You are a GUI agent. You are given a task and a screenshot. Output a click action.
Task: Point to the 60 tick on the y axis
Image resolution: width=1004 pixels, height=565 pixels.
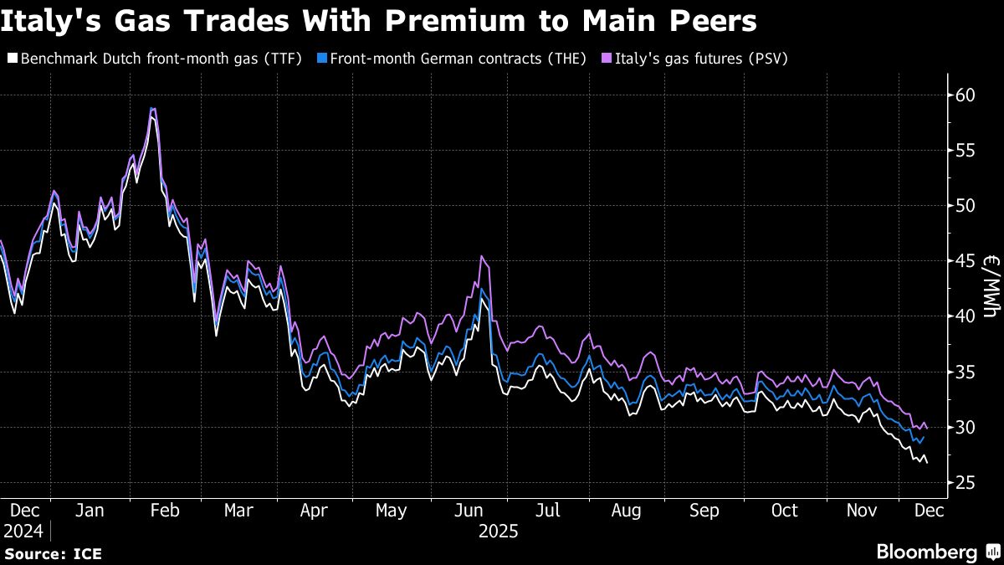[x=966, y=95]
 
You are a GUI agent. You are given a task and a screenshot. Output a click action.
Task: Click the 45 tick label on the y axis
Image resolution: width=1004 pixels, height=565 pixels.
[x=966, y=260]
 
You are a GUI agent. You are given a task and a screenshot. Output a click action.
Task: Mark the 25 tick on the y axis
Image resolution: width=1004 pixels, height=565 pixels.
[x=966, y=482]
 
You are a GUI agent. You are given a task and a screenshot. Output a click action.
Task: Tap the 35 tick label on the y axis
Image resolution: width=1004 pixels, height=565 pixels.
[x=966, y=372]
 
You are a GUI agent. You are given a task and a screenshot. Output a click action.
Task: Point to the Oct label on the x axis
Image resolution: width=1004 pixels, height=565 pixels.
[x=784, y=511]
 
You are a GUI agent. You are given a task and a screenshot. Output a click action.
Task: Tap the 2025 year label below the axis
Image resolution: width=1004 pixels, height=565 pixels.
[x=499, y=532]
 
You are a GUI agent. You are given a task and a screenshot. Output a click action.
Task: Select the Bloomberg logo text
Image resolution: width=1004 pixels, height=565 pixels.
[x=926, y=552]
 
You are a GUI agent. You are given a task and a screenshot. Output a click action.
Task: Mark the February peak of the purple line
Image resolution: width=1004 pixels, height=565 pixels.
[x=152, y=108]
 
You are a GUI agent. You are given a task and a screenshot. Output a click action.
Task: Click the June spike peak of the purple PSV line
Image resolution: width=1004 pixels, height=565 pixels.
[x=482, y=256]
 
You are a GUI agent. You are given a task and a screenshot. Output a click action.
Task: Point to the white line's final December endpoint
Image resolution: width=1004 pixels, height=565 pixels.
[x=926, y=463]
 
